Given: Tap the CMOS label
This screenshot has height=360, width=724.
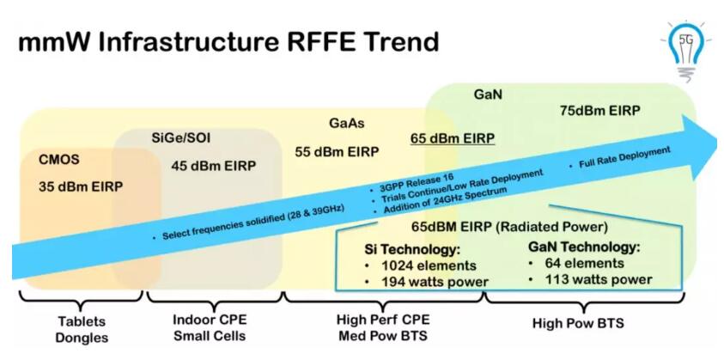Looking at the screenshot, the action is tap(59, 160).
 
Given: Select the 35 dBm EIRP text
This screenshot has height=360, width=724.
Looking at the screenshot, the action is tap(81, 187).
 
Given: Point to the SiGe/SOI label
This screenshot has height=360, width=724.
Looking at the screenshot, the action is tap(181, 137).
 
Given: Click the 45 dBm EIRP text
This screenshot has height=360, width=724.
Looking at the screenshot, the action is tap(213, 166).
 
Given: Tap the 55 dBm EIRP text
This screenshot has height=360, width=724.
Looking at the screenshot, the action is tap(337, 151).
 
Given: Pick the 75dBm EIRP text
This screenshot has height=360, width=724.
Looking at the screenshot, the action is tap(599, 111).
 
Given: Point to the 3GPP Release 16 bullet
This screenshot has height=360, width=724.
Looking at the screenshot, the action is tap(412, 183).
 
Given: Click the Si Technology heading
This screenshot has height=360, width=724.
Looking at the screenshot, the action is tap(413, 250).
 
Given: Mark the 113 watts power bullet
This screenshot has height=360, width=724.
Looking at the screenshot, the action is tap(591, 279).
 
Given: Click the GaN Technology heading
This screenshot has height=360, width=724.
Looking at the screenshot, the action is tap(584, 247).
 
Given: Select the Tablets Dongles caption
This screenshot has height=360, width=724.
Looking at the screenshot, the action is tap(82, 330).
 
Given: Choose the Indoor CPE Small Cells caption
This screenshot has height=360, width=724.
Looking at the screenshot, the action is tap(210, 327).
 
